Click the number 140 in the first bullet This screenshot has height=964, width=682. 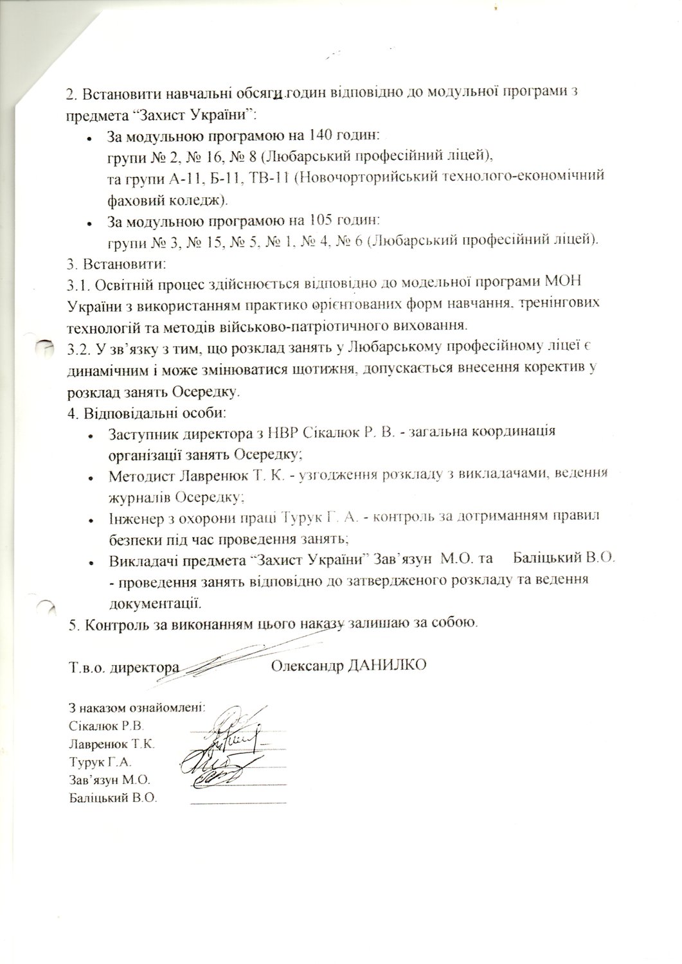tap(321, 136)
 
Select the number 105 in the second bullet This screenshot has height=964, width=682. tap(321, 221)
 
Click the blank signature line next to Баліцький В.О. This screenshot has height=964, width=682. tap(238, 802)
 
